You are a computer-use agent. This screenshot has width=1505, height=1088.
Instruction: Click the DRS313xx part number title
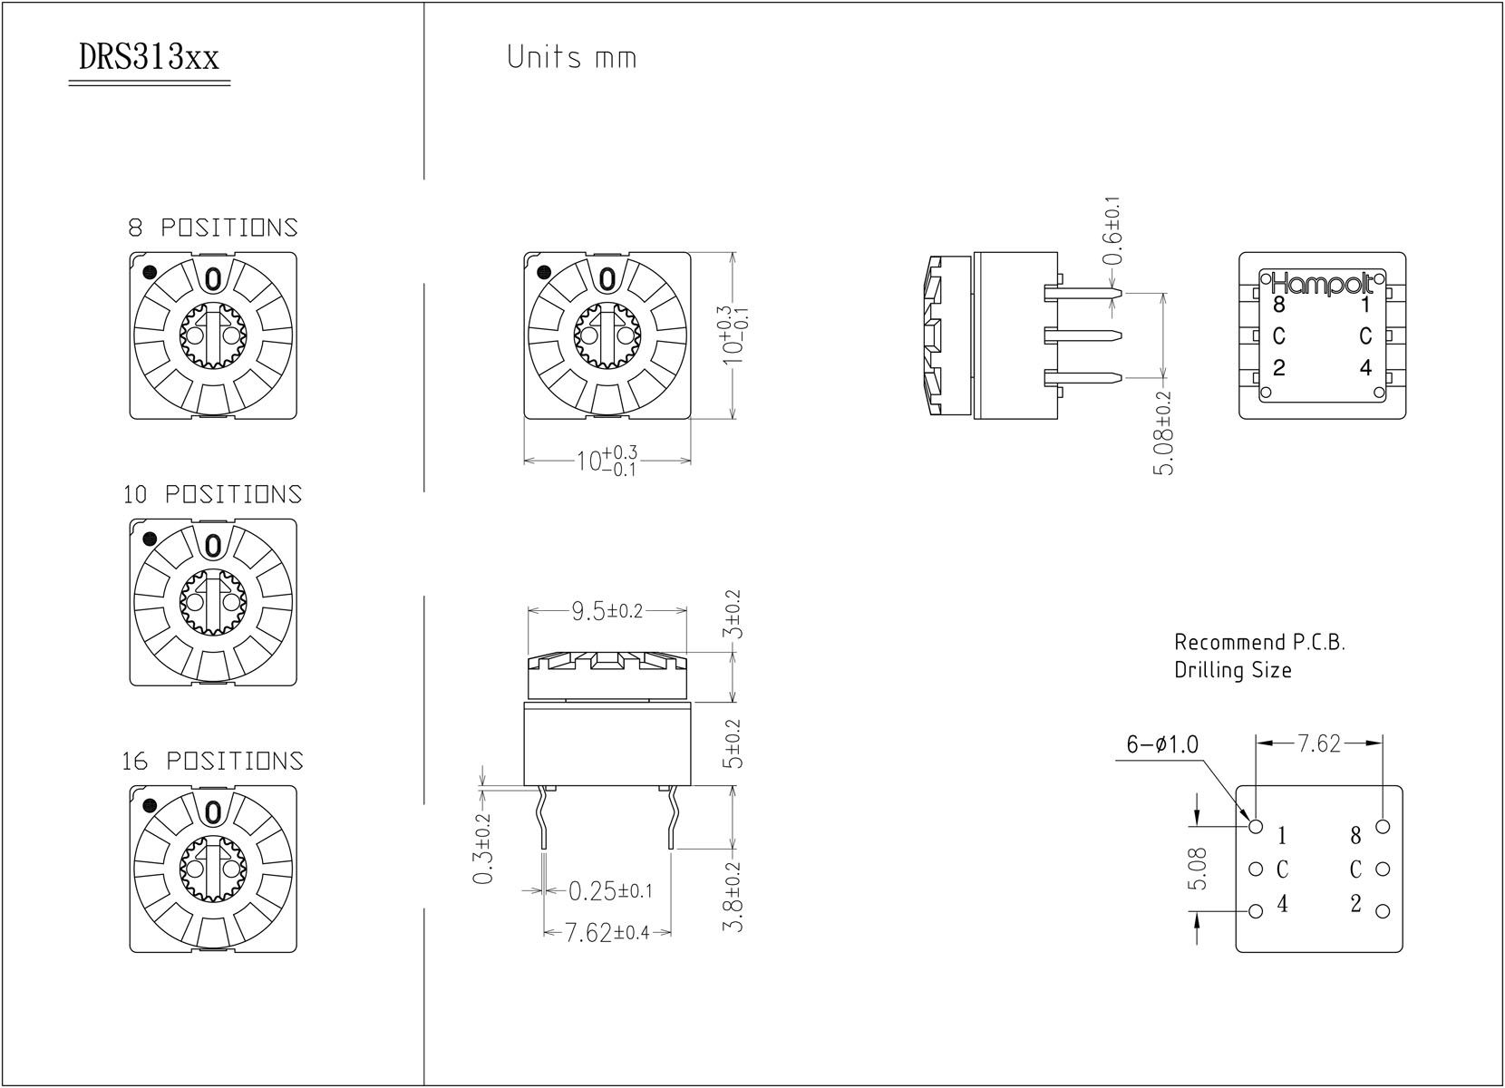[149, 59]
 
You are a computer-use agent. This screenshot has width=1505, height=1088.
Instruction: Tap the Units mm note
[572, 57]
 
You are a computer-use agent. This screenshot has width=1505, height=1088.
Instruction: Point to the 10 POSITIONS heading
[213, 494]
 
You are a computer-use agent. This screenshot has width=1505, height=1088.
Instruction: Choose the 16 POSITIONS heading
[213, 761]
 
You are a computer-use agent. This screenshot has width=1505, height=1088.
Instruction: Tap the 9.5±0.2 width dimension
[607, 611]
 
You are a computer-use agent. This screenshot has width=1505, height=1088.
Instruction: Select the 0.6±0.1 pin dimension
[1113, 230]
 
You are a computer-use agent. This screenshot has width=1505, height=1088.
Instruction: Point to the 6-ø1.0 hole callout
[1162, 744]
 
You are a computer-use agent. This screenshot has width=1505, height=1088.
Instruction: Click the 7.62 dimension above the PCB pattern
[1318, 743]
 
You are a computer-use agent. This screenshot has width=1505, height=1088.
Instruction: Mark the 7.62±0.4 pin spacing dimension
[607, 933]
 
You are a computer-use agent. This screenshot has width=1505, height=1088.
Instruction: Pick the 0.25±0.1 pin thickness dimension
[610, 891]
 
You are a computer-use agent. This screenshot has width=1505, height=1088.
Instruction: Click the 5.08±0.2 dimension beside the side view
[1164, 433]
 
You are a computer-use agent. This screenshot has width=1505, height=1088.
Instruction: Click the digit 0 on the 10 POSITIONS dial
[213, 546]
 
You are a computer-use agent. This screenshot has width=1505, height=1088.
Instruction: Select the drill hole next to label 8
[1383, 827]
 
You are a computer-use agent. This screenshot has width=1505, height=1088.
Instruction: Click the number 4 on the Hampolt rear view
[1366, 368]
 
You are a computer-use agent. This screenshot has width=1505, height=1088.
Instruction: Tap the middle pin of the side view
[1083, 335]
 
